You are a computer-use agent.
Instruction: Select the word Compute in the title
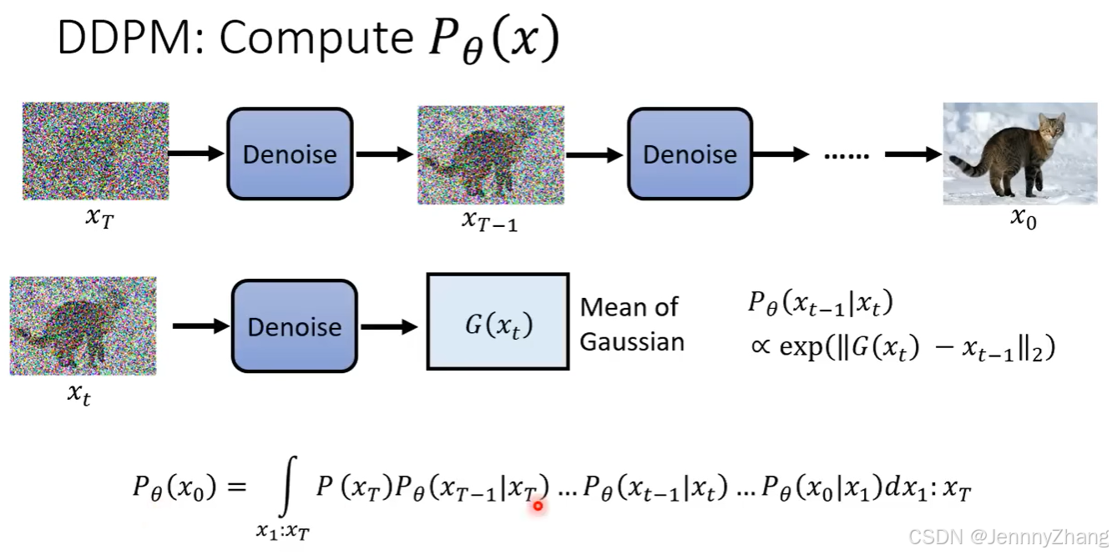(x=316, y=40)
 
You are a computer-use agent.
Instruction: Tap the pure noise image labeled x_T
(x=96, y=151)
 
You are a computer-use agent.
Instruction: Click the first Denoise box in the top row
(x=290, y=154)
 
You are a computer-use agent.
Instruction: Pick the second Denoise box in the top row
(x=690, y=154)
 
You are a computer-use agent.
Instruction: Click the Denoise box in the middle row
(x=295, y=326)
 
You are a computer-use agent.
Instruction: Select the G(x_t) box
(x=498, y=321)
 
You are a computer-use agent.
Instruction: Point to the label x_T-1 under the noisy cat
(x=489, y=220)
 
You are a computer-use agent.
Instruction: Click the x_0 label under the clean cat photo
(x=1024, y=219)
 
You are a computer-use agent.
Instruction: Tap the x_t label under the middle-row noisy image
(x=79, y=394)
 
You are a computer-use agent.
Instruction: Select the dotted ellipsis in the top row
(x=847, y=156)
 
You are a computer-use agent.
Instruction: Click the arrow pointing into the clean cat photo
(x=913, y=154)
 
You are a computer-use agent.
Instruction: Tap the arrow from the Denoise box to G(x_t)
(x=389, y=326)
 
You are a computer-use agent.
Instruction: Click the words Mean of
(x=629, y=307)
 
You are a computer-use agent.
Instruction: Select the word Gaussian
(x=632, y=342)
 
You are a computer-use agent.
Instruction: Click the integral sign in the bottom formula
(x=287, y=487)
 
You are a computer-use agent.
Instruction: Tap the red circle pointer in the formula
(x=538, y=507)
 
